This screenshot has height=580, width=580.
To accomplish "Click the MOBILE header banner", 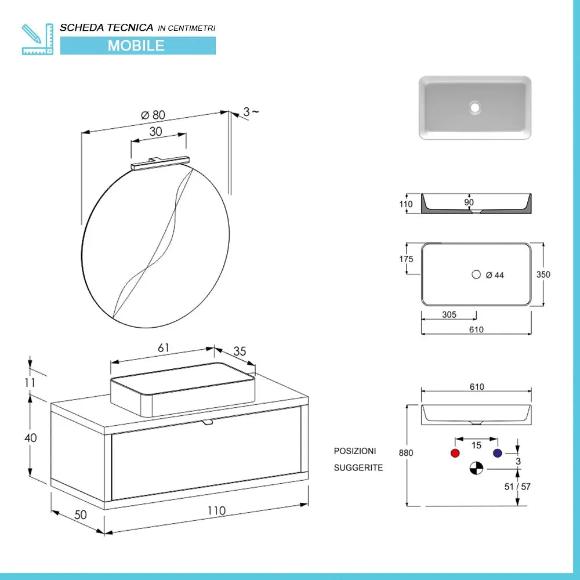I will click(x=137, y=45).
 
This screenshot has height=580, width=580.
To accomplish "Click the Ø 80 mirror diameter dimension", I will click(x=153, y=115).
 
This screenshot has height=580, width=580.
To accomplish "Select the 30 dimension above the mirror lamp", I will click(x=155, y=132).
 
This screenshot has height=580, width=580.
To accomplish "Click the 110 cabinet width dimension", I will click(x=216, y=511).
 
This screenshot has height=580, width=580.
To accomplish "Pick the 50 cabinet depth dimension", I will click(x=80, y=514).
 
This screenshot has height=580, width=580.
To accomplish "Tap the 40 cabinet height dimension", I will click(x=30, y=438).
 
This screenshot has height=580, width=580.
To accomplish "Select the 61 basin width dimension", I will click(x=163, y=348).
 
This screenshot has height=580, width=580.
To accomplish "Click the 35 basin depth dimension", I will click(x=240, y=351).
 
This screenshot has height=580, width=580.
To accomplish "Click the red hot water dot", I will click(x=455, y=453).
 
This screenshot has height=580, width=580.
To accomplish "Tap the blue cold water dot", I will click(x=496, y=453).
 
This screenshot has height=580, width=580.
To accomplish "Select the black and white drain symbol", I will click(x=476, y=468).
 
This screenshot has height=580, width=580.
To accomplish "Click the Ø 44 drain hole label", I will click(x=494, y=275).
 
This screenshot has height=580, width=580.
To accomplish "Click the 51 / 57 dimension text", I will click(x=517, y=487).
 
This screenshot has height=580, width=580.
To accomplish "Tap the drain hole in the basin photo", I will click(x=476, y=108).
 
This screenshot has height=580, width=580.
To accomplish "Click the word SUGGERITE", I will click(x=358, y=467).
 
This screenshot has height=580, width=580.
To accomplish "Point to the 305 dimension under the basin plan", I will click(x=449, y=315).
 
